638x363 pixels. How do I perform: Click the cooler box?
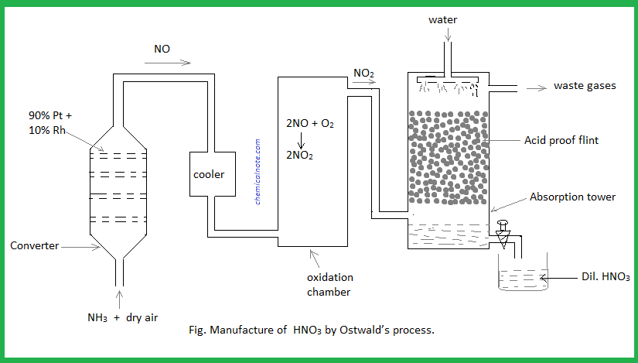[209, 175]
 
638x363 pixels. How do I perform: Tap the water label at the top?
[444, 19]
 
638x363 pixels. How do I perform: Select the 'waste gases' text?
[585, 86]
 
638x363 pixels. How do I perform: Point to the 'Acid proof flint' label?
[561, 140]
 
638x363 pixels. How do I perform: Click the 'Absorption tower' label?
[572, 197]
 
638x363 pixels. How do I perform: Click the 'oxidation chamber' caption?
[329, 284]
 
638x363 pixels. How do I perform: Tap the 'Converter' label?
[35, 245]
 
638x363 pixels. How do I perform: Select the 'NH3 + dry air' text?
[123, 317]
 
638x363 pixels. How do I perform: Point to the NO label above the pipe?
[162, 49]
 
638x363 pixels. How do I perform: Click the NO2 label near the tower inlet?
[363, 74]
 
